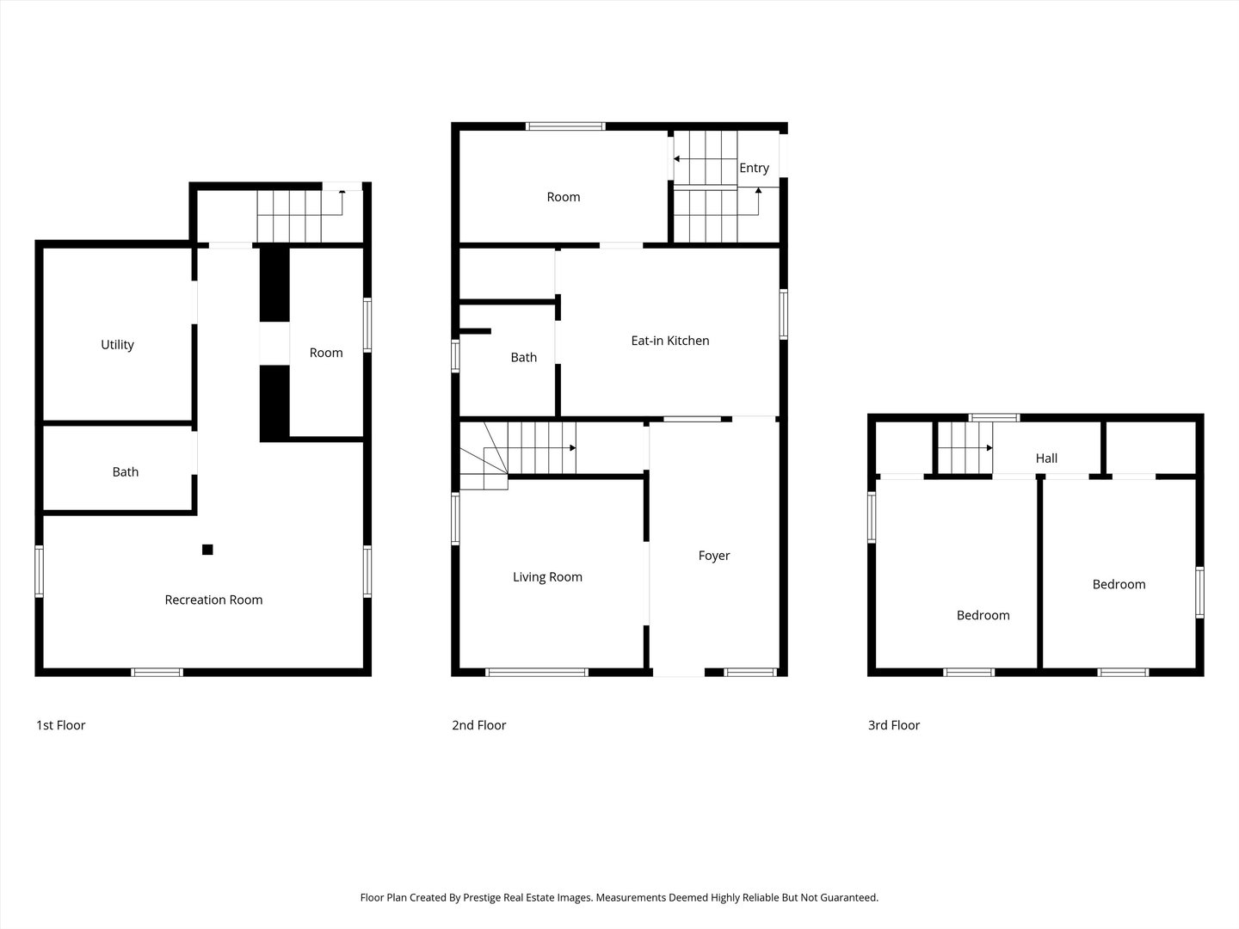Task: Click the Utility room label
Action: coord(117,345)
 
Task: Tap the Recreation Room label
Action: coord(213,600)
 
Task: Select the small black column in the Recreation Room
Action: coord(207,550)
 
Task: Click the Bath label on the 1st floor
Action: coord(125,471)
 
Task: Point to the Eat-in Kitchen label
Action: coord(669,341)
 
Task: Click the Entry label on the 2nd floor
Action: coord(754,168)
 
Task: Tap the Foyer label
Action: coord(713,556)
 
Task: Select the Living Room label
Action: coord(547,577)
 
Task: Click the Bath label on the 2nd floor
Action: coord(523,357)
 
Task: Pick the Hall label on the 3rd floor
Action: coord(1046,458)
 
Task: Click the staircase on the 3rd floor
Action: coord(964,448)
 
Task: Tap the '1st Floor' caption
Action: coord(60,725)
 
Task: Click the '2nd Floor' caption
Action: coord(478,725)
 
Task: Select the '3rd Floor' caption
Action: coord(893,725)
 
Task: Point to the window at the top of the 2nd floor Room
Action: coord(564,126)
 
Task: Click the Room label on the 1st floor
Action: coord(326,353)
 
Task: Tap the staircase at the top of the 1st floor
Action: coord(290,216)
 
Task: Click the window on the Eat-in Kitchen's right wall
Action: coord(784,314)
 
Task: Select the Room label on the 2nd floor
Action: coord(564,197)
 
